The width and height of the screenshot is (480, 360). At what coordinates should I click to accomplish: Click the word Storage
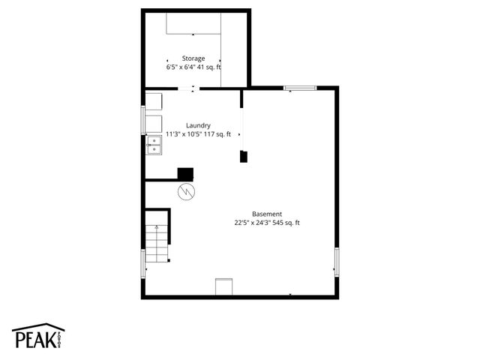[x=193, y=58]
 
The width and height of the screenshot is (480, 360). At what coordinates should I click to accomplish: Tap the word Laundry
[x=198, y=125]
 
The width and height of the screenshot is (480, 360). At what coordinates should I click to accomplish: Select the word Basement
[x=267, y=214]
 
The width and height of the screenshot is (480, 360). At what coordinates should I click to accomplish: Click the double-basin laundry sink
[x=154, y=144]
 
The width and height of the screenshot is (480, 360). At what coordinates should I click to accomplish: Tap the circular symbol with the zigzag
[x=185, y=193]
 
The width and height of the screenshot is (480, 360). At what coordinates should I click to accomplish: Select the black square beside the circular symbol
[x=185, y=173]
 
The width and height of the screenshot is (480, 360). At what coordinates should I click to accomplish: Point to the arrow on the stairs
[x=148, y=268]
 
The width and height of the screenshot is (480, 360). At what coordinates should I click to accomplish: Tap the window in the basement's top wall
[x=300, y=89]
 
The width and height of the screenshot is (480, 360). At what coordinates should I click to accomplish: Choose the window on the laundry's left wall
[x=144, y=120]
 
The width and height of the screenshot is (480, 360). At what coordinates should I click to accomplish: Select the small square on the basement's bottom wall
[x=224, y=286]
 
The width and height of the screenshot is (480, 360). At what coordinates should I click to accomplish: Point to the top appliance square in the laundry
[x=154, y=102]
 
